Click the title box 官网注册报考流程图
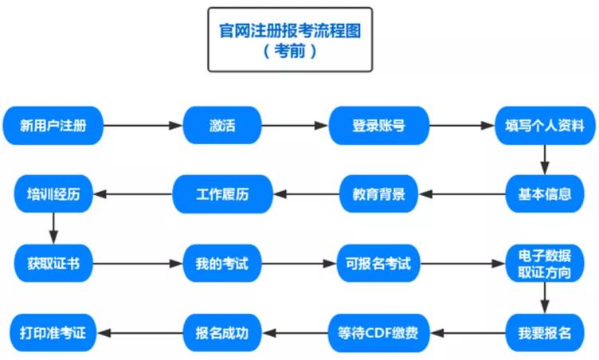coord(291,40)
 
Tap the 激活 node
coord(223,125)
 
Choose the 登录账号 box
coord(379,125)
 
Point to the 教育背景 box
coord(379,194)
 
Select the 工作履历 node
coord(223,194)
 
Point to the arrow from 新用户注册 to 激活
coord(143,125)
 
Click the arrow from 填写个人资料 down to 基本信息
coord(545,159)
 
